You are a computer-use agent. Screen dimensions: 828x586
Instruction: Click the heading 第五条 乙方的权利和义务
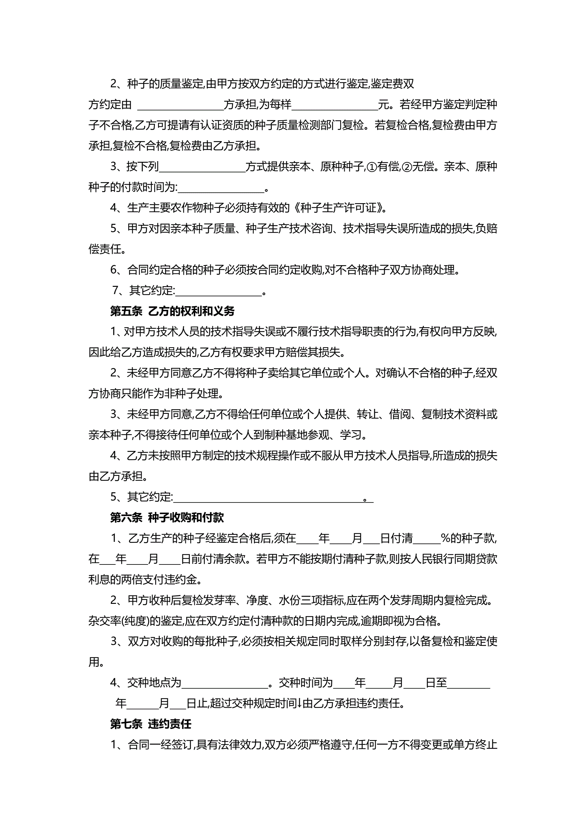pyautogui.click(x=172, y=311)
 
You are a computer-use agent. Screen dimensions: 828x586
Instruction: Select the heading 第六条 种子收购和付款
pyautogui.click(x=167, y=518)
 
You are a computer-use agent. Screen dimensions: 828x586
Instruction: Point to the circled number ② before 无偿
pyautogui.click(x=407, y=167)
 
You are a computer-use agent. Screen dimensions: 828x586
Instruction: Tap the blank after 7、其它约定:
pyautogui.click(x=218, y=291)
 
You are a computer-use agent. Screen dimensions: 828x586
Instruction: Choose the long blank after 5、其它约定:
pyautogui.click(x=269, y=498)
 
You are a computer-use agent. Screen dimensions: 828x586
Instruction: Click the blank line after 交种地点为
pyautogui.click(x=225, y=683)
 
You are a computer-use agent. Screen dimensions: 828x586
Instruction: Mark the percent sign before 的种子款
pyautogui.click(x=445, y=539)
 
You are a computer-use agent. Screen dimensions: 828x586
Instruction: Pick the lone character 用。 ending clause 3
pyautogui.click(x=96, y=662)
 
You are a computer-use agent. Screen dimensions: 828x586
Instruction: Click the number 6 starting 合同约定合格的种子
pyautogui.click(x=114, y=270)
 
